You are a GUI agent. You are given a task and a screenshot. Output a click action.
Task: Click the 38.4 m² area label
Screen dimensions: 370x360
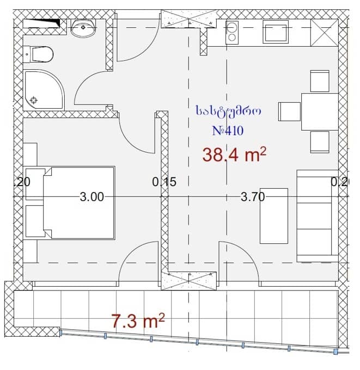click(x=234, y=156)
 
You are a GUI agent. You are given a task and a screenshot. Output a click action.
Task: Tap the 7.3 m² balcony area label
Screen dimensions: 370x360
click(x=138, y=322)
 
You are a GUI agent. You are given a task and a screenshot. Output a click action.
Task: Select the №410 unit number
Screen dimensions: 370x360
click(x=227, y=131)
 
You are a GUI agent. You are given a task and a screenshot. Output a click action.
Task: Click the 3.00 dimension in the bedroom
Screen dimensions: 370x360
click(x=91, y=197)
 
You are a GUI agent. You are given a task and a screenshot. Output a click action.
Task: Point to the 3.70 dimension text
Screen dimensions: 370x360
click(x=253, y=197)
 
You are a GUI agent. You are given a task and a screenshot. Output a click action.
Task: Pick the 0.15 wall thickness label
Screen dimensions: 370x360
click(x=164, y=183)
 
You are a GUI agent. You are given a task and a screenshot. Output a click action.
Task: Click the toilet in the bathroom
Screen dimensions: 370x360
click(x=38, y=54)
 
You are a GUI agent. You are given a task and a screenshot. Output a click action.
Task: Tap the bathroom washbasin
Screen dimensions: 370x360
click(x=83, y=27)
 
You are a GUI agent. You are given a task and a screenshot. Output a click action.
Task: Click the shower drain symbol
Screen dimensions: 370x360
click(x=34, y=100)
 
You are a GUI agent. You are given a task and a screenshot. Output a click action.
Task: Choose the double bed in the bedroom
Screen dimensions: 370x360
click(x=79, y=202)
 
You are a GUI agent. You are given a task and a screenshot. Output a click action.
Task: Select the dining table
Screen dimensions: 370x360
click(x=320, y=111)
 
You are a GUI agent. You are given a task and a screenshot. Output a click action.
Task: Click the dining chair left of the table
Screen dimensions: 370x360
click(x=288, y=111)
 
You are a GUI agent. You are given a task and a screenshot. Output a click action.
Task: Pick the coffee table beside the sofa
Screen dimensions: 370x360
click(x=273, y=215)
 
